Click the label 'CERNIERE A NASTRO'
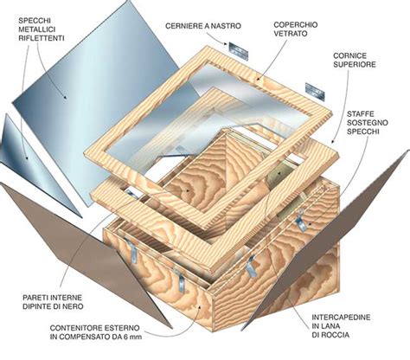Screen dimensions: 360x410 point(200,27)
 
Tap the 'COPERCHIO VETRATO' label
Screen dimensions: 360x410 point(295,32)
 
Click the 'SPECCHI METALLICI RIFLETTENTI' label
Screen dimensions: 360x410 point(35,27)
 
